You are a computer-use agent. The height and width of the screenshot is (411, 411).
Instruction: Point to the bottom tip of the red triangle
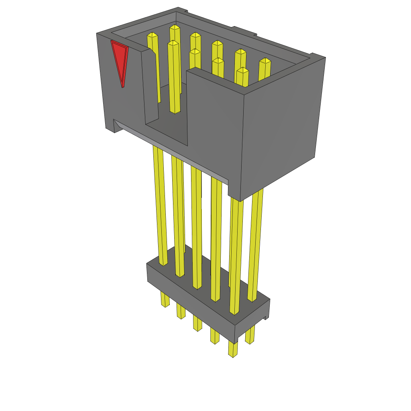point(122,87)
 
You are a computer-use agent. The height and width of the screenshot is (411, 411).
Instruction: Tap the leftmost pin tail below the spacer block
point(165,299)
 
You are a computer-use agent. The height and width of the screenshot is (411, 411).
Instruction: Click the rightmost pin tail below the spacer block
point(250,335)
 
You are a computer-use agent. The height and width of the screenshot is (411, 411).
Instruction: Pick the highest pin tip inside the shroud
point(175,27)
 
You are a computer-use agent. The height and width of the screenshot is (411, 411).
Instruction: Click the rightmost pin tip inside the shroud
point(265,61)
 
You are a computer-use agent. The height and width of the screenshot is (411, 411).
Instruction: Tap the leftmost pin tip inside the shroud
point(152,35)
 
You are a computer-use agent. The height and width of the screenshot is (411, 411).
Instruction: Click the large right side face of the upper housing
point(281,128)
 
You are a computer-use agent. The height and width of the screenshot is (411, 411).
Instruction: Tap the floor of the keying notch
point(169,128)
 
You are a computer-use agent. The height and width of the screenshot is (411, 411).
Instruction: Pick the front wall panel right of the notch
point(213,120)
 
